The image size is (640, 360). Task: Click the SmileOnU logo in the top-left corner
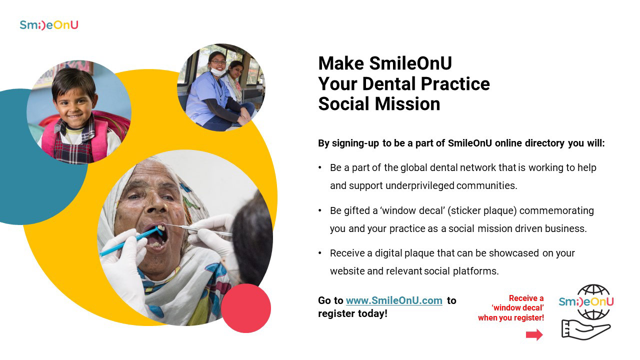coord(49,25)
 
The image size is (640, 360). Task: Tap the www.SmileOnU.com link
coord(394,300)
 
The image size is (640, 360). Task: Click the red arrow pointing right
coord(534,334)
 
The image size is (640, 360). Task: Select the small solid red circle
coord(246,308)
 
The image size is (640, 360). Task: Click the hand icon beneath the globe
coord(585,329)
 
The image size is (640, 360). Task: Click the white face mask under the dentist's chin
coord(218,71)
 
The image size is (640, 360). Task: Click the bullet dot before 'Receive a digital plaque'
coord(320,253)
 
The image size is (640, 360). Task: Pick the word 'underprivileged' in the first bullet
coord(419,185)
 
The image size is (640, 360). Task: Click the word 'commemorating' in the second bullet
coord(556,210)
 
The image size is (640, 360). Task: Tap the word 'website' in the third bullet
coord(347,271)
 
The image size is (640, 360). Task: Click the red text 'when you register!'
coord(511,317)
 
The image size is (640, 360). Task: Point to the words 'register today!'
coord(353,313)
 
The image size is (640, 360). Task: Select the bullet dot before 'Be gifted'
coord(320,210)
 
